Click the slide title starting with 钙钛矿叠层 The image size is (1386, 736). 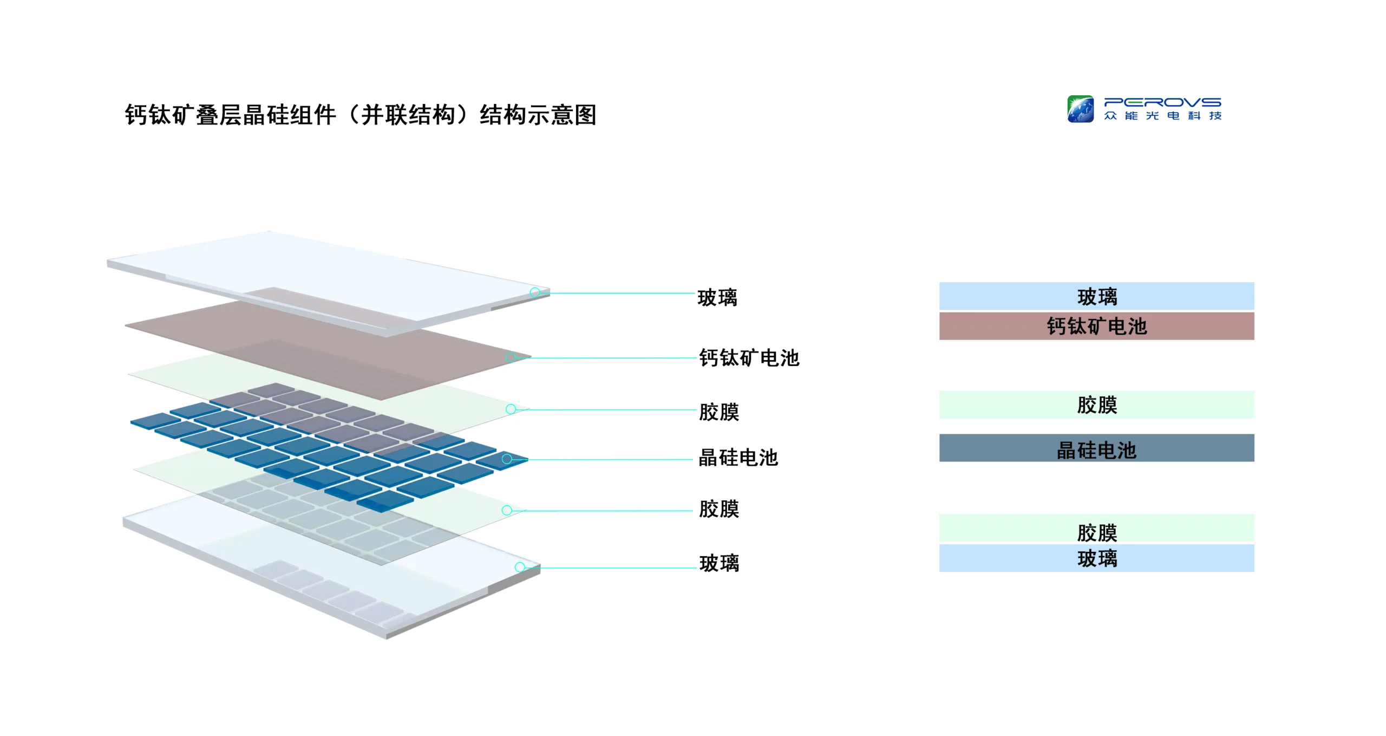pyautogui.click(x=361, y=115)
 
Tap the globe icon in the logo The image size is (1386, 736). pyautogui.click(x=1080, y=109)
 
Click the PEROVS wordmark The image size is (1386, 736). pyautogui.click(x=1162, y=102)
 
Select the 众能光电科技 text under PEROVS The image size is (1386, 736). pyautogui.click(x=1162, y=116)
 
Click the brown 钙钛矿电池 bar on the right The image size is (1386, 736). pyautogui.click(x=1096, y=326)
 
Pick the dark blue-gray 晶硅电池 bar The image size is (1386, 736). pyautogui.click(x=1096, y=448)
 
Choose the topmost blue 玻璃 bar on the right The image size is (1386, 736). pyautogui.click(x=1096, y=296)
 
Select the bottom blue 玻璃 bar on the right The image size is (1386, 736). pyautogui.click(x=1096, y=558)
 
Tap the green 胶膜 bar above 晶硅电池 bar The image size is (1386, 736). pyautogui.click(x=1096, y=405)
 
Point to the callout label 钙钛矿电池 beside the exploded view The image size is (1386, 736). pyautogui.click(x=749, y=358)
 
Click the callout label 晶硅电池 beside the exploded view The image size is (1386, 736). pyautogui.click(x=738, y=458)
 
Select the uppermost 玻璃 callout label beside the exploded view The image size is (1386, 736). pyautogui.click(x=717, y=297)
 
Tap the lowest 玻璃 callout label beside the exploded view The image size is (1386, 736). pyautogui.click(x=719, y=563)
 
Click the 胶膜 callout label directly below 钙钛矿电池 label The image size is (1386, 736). pyautogui.click(x=719, y=412)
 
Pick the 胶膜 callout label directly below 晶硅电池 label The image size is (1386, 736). pyautogui.click(x=719, y=509)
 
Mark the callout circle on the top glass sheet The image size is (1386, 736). pyautogui.click(x=535, y=292)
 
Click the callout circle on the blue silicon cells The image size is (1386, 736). pyautogui.click(x=507, y=459)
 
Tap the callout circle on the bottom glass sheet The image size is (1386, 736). pyautogui.click(x=520, y=567)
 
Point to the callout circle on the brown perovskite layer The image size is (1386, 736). pyautogui.click(x=511, y=357)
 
